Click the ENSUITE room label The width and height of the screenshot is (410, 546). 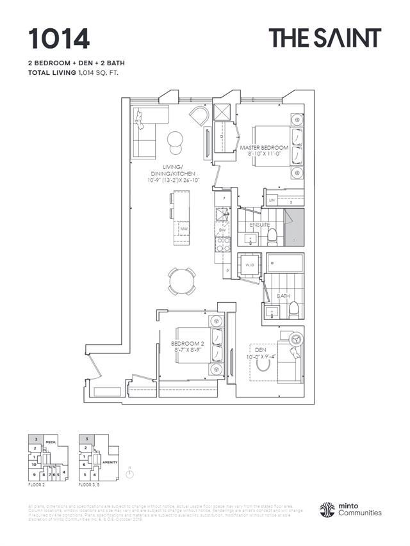pos(260,225)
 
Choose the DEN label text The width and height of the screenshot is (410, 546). pos(260,350)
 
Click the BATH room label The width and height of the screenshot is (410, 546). pos(283,296)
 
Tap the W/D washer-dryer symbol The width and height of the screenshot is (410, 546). pos(249,265)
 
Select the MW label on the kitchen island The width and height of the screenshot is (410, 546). pos(183,228)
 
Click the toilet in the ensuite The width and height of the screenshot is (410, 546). pos(271,237)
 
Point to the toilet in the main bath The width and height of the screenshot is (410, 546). pos(293,310)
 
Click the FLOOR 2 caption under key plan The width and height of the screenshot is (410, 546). pos(37,486)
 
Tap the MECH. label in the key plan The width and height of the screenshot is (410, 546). pos(51,442)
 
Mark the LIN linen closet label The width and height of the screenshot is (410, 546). pos(272,201)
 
